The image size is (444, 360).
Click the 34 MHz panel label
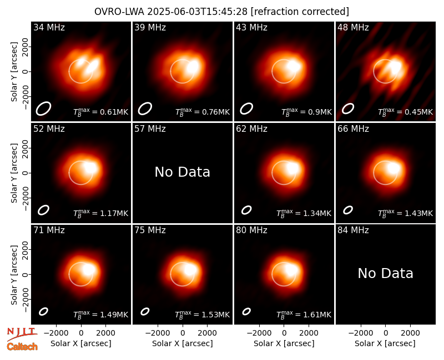pyautogui.click(x=49, y=27)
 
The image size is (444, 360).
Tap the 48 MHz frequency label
pyautogui.click(x=353, y=27)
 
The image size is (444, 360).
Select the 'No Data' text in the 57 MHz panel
pyautogui.click(x=183, y=172)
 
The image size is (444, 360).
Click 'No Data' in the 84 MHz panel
pyautogui.click(x=385, y=273)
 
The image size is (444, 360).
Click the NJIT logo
pyautogui.click(x=22, y=333)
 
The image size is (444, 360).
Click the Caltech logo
pyautogui.click(x=22, y=347)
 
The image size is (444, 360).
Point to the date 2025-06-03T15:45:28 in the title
pyautogui.click(x=197, y=12)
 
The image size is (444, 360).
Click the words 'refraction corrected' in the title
pyautogui.click(x=300, y=12)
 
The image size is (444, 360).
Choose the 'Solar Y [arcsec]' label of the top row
pyautogui.click(x=14, y=72)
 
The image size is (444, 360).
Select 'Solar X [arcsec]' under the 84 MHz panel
pyautogui.click(x=385, y=343)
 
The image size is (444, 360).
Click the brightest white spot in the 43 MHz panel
pyautogui.click(x=294, y=66)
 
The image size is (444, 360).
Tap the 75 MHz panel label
pyautogui.click(x=150, y=230)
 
